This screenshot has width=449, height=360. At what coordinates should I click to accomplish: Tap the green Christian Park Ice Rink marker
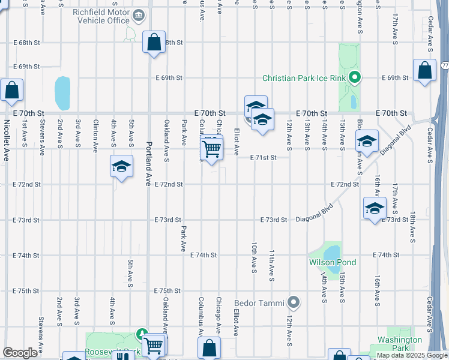coord(354,77)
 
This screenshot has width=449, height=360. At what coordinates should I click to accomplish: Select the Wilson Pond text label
coord(333,262)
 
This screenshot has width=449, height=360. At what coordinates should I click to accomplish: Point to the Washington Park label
coord(399,344)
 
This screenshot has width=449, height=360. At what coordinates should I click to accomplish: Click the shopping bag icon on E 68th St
coord(154,43)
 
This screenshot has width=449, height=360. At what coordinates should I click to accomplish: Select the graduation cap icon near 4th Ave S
coord(121,167)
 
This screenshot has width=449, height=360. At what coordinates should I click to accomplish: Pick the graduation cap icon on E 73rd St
coord(375,209)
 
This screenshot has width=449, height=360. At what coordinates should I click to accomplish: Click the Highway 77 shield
coord(445,64)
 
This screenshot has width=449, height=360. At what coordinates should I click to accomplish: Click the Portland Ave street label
coord(148,164)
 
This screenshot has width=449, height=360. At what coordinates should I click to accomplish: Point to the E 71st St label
coord(264,157)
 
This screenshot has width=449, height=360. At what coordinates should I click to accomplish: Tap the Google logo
coord(20,353)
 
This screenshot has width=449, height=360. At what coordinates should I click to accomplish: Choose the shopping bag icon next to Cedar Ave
coord(424,71)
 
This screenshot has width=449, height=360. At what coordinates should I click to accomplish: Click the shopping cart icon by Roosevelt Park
coord(154,345)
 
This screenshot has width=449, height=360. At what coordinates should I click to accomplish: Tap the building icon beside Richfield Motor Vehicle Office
coord(139,14)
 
